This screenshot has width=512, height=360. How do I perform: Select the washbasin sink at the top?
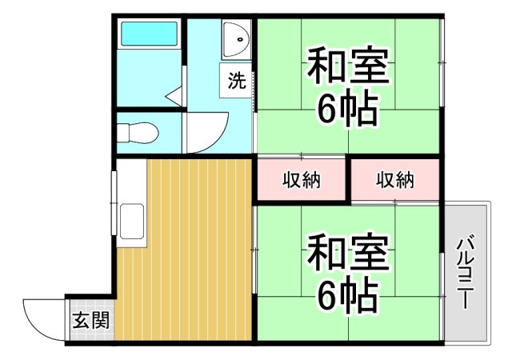(x=238, y=39)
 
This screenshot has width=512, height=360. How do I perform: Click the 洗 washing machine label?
(x=237, y=81)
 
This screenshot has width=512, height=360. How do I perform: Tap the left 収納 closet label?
(x=301, y=181)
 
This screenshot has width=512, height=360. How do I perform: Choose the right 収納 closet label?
(x=395, y=181)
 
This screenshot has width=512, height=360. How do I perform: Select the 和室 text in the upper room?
(x=348, y=68)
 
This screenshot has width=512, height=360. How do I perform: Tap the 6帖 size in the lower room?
(x=348, y=297)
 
